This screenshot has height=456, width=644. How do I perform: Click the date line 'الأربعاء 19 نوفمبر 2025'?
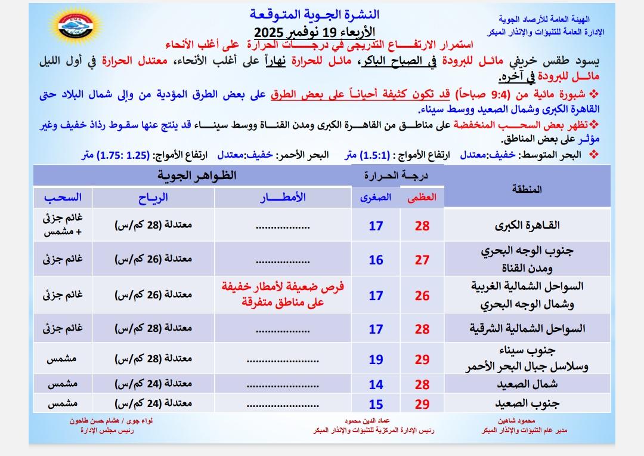coord(315,31)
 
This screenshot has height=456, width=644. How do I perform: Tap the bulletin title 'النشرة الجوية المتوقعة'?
coord(315,14)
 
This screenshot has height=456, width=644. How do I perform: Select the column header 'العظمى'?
coord(422,199)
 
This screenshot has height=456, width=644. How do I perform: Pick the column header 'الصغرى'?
coord(376,198)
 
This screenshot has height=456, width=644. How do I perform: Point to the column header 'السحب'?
coord(62,197)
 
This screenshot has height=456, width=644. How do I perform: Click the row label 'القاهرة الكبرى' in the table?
coord(527,226)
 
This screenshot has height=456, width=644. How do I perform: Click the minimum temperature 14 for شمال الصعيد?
coord(376,385)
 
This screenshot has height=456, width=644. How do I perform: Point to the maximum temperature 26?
coord(422,295)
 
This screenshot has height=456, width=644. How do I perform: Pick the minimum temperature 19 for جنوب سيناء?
coord(376,359)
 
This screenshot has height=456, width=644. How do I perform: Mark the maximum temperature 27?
coord(422,260)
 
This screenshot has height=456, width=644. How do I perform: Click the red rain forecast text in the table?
coord(283,294)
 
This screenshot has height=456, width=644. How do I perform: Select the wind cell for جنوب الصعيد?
coord(153,404)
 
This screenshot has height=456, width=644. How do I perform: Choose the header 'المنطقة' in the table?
coord(527,190)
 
